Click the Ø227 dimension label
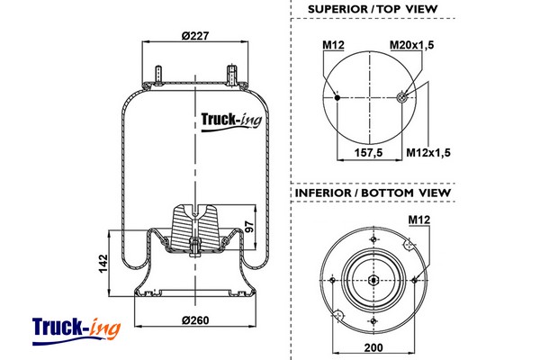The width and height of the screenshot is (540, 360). click(195, 35)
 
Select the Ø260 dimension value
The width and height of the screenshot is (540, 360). click(195, 322)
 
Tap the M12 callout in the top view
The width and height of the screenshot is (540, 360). click(334, 44)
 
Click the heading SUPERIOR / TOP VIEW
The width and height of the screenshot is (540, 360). click(373, 9)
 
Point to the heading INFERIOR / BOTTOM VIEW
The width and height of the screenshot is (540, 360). click(373, 193)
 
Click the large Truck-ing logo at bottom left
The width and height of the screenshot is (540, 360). click(76, 328)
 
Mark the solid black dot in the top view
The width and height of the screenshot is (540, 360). click(337, 96)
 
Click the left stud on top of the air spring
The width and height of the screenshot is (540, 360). click(158, 74)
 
